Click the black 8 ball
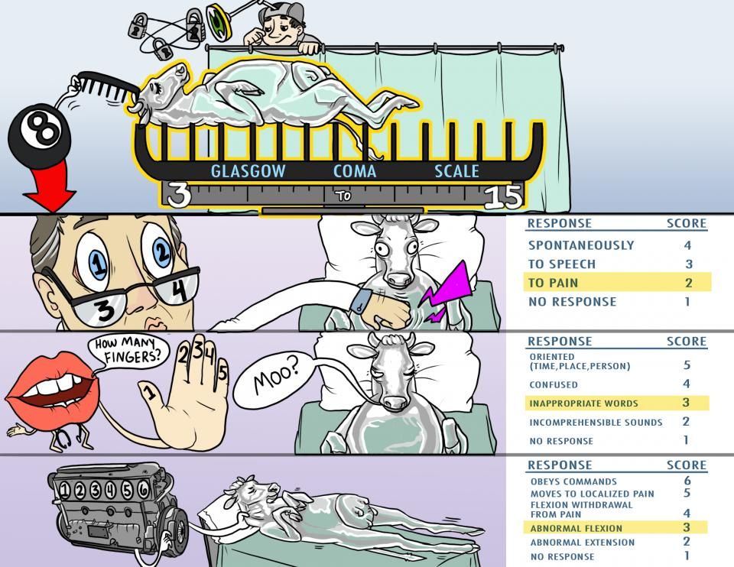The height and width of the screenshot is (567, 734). click(40, 136)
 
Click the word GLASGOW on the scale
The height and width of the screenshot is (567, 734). click(248, 171)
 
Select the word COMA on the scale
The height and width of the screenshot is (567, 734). click(355, 171)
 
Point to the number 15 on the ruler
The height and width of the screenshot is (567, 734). click(503, 196)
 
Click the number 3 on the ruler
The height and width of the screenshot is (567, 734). click(179, 195)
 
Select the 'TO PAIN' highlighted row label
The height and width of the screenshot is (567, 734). click(554, 283)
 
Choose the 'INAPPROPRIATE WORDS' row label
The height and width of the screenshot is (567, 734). click(583, 403)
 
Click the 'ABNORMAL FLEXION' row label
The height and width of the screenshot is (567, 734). click(576, 529)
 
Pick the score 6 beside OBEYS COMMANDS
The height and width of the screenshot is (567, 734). click(687, 481)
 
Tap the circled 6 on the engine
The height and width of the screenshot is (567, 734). click(143, 489)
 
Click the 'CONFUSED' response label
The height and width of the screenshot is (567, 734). click(554, 385)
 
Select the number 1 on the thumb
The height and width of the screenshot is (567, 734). click(149, 391)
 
